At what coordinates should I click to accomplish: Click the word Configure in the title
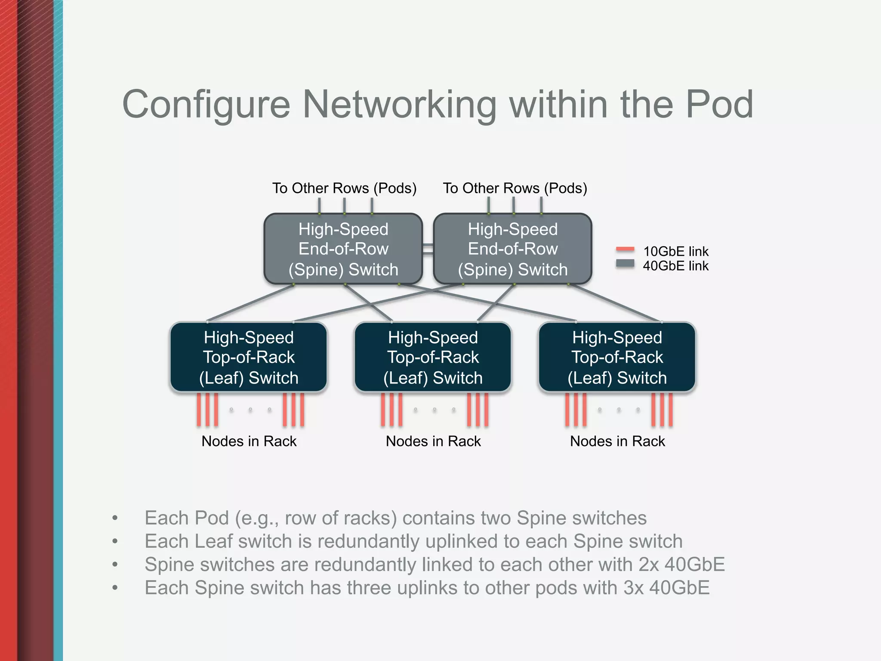click(206, 105)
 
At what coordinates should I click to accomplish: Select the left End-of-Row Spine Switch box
click(343, 249)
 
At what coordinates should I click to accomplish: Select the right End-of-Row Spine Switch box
click(512, 249)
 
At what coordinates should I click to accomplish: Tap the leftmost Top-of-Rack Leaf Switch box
click(249, 357)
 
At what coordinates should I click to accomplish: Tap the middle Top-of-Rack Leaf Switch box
click(433, 357)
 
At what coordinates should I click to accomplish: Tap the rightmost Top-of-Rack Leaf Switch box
click(617, 357)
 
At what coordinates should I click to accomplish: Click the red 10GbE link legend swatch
click(625, 249)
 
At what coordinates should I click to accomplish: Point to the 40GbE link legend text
click(675, 266)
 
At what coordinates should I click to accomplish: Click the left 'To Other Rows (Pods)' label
click(344, 188)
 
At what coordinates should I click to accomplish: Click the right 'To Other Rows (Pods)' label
click(515, 188)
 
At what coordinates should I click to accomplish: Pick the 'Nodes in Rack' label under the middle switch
click(433, 441)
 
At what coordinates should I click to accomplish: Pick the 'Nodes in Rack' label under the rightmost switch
click(617, 441)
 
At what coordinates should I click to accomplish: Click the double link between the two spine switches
click(428, 249)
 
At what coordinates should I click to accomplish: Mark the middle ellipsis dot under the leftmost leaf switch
click(250, 410)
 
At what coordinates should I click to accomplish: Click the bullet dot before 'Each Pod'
click(114, 518)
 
